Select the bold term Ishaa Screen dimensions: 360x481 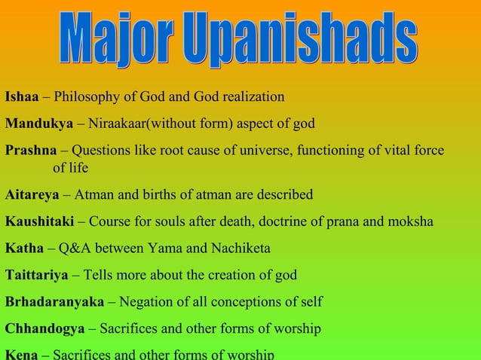(x=22, y=97)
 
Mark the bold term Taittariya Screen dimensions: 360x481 (x=37, y=275)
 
